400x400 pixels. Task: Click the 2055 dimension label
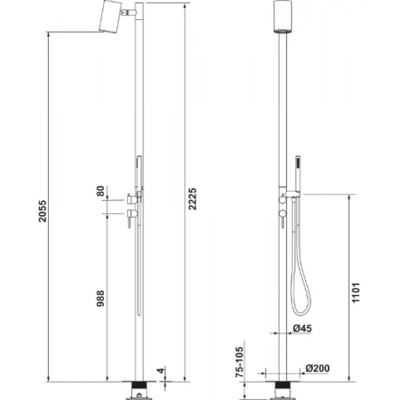43,211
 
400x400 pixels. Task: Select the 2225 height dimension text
193,199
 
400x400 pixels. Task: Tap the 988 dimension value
101,298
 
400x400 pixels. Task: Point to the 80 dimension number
101,191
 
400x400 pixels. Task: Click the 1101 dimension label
356,293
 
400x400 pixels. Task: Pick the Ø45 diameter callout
302,328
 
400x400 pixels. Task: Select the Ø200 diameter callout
318,368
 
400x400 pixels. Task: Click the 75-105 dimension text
239,362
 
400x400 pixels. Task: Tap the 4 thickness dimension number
161,371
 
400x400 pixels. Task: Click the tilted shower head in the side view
110,17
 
